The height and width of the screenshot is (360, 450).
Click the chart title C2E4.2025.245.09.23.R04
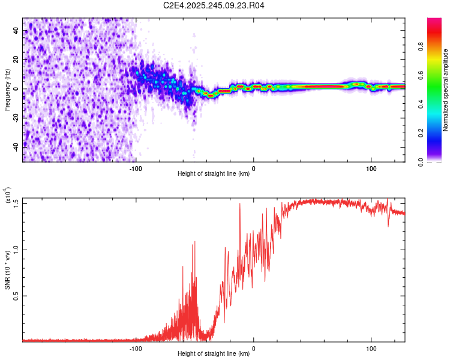tap(214, 5)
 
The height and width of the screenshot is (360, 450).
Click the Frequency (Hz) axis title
tap(7, 90)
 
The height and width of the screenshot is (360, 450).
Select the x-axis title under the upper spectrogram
tap(214, 174)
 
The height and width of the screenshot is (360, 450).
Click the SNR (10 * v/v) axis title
tap(7, 270)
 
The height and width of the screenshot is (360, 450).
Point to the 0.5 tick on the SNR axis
tap(16, 296)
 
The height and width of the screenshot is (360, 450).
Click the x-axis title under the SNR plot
tap(214, 354)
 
